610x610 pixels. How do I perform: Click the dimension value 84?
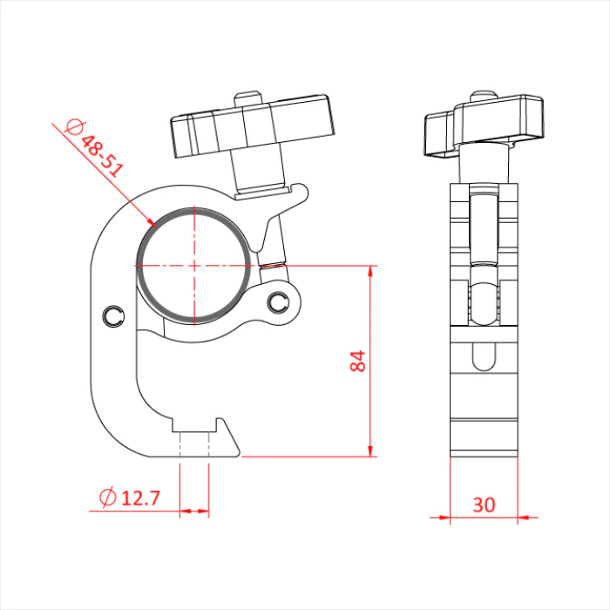coord(358,361)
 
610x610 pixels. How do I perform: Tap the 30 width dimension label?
coord(484,505)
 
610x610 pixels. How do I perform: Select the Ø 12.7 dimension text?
coord(130,498)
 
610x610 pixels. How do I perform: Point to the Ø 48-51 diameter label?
coord(94,147)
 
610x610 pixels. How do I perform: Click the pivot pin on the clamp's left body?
coord(113,315)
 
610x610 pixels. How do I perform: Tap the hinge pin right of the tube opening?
coord(277,302)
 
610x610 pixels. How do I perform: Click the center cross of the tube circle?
coord(193,266)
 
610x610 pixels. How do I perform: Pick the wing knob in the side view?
coord(484,125)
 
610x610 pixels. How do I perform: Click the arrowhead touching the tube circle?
coord(151,221)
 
